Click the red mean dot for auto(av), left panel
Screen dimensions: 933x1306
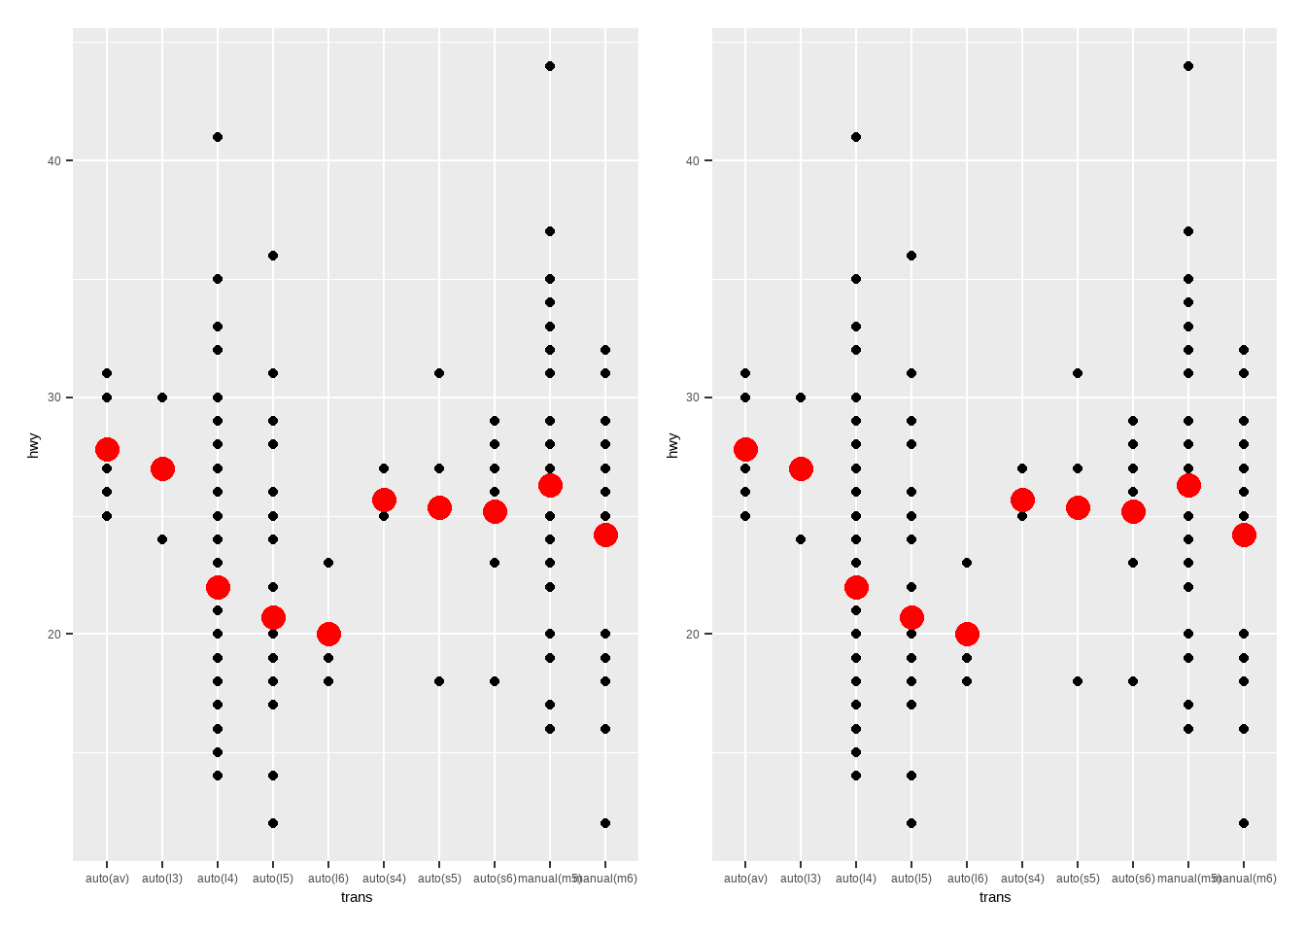[x=107, y=449]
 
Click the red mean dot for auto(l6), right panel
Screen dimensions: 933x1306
[x=967, y=634]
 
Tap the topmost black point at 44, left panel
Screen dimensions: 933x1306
[x=550, y=66]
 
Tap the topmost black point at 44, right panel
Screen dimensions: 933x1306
[x=1188, y=66]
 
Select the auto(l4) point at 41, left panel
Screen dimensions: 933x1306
[x=218, y=137]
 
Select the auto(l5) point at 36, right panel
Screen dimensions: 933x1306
[x=911, y=256]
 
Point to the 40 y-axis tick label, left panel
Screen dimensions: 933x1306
[x=54, y=160]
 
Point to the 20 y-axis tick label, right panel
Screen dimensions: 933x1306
[x=693, y=634]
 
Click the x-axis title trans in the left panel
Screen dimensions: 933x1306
[x=357, y=897]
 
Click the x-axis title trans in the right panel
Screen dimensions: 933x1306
[x=995, y=897]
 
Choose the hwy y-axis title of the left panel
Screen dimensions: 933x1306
[x=34, y=445]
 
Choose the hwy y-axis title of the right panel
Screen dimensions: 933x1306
[x=672, y=445]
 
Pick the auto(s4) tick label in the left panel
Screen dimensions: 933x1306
[x=384, y=879]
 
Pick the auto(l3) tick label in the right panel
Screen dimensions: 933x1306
[x=801, y=879]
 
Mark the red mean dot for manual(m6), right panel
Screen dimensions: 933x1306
[x=1244, y=535]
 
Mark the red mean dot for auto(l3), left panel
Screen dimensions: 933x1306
[x=162, y=468]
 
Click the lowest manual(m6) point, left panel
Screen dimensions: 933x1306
[x=605, y=823]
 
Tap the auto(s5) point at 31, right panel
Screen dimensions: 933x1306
[x=1078, y=373]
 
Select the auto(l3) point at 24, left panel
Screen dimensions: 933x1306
[x=162, y=539]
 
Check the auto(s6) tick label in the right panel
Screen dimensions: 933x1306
[x=1133, y=879]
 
